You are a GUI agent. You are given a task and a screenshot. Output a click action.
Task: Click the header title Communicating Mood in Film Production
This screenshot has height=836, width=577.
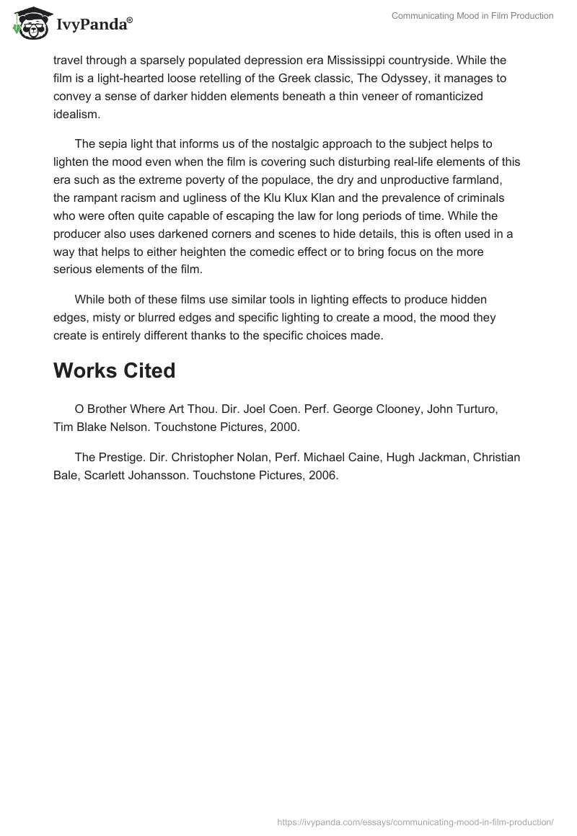[x=472, y=16]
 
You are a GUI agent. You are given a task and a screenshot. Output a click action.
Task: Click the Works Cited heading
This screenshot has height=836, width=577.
[x=115, y=370]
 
